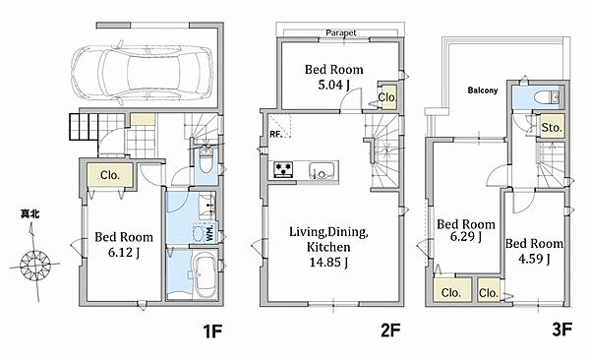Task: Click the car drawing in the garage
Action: (142, 72)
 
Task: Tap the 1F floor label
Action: (213, 331)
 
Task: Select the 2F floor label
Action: (390, 330)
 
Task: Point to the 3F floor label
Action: (561, 330)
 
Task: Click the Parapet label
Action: (341, 32)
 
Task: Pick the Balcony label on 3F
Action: (483, 90)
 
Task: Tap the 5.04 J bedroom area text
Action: (333, 85)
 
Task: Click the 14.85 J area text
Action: (328, 262)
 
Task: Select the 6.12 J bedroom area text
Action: (124, 253)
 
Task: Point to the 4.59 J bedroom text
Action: (534, 259)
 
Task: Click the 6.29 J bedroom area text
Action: (466, 236)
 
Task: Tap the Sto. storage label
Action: (552, 128)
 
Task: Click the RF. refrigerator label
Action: (276, 134)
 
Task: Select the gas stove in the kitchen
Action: (283, 169)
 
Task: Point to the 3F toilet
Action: (547, 96)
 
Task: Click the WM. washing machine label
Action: (209, 233)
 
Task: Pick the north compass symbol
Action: (34, 264)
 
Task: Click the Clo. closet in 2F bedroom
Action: (387, 97)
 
